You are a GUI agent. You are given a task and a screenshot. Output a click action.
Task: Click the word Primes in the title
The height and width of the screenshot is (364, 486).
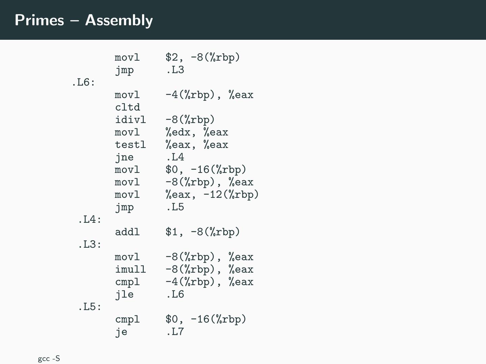click(x=39, y=20)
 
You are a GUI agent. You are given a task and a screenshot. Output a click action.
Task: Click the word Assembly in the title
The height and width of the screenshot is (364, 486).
click(x=119, y=21)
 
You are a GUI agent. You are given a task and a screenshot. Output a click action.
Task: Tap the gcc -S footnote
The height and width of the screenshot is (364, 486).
click(x=49, y=359)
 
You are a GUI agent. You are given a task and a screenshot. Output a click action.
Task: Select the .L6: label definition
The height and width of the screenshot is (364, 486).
click(x=83, y=82)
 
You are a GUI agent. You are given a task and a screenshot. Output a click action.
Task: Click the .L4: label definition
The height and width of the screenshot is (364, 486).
click(x=89, y=219)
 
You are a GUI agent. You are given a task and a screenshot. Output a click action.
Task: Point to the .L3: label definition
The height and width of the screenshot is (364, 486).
click(x=89, y=244)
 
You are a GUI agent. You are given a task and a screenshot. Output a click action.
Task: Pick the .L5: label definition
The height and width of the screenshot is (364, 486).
click(x=89, y=307)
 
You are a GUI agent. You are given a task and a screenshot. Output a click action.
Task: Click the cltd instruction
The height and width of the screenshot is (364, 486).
click(x=127, y=107)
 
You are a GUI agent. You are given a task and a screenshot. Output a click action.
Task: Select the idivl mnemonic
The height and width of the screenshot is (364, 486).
click(x=130, y=120)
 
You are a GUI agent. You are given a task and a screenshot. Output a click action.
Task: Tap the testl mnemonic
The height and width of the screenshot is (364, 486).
click(x=130, y=145)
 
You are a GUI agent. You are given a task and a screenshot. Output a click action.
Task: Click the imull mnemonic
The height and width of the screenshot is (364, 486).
click(x=130, y=269)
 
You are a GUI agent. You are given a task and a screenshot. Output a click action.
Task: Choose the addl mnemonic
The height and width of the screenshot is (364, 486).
click(x=127, y=232)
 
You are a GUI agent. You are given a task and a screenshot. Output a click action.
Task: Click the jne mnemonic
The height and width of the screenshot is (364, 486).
click(x=124, y=157)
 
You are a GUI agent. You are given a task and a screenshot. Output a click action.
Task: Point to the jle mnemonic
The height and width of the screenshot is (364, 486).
click(x=124, y=294)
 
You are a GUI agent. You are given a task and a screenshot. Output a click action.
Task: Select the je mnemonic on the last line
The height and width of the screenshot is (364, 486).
click(x=121, y=332)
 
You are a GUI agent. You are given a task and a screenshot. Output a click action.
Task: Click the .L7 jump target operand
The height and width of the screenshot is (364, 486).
click(x=175, y=332)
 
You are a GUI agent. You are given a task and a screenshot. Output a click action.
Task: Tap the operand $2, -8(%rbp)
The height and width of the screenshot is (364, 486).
click(x=202, y=57)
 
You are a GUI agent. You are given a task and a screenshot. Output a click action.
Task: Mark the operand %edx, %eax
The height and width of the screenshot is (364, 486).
click(x=196, y=132)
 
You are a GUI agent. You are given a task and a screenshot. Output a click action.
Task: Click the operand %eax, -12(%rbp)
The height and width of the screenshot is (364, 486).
click(x=212, y=194)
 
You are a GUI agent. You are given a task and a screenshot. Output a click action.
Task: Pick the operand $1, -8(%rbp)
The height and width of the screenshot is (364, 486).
click(x=202, y=232)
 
